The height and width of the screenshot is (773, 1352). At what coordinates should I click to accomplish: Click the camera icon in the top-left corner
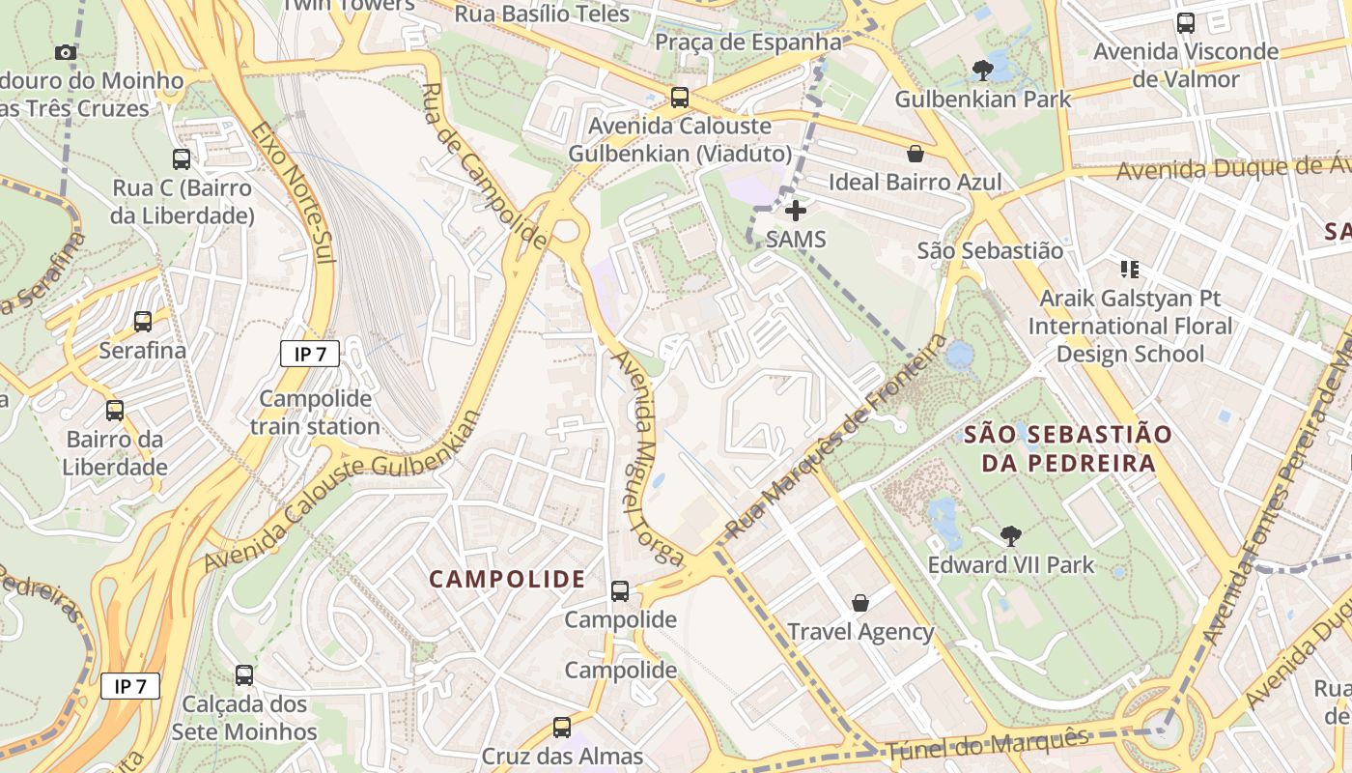pyautogui.click(x=66, y=52)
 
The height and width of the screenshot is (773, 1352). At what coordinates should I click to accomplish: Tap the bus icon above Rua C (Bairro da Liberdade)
pyautogui.click(x=182, y=159)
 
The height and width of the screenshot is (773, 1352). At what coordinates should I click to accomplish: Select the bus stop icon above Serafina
pyautogui.click(x=143, y=322)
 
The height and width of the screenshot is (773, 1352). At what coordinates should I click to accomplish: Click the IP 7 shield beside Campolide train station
pyautogui.click(x=310, y=354)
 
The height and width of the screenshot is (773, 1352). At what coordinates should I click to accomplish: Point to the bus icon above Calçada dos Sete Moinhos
pyautogui.click(x=244, y=675)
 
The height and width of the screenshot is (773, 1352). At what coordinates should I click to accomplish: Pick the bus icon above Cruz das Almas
pyautogui.click(x=562, y=728)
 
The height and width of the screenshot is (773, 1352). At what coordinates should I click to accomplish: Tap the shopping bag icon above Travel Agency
pyautogui.click(x=860, y=604)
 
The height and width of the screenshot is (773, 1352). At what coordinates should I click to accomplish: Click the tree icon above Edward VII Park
pyautogui.click(x=1011, y=535)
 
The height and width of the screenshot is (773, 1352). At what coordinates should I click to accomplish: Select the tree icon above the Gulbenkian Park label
pyautogui.click(x=983, y=70)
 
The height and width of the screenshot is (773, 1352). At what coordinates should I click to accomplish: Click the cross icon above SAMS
pyautogui.click(x=796, y=211)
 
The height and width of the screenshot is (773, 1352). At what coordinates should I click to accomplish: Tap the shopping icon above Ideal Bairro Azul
pyautogui.click(x=915, y=154)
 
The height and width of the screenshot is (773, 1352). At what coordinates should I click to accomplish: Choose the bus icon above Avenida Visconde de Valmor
pyautogui.click(x=1186, y=23)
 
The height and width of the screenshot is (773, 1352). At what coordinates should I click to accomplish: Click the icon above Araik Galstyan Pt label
pyautogui.click(x=1129, y=270)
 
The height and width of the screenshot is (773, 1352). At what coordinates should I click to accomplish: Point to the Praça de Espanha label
pyautogui.click(x=748, y=42)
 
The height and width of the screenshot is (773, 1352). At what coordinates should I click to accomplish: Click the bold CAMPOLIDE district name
pyautogui.click(x=507, y=579)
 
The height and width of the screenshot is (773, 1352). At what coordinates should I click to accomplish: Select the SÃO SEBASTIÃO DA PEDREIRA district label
pyautogui.click(x=1068, y=448)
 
